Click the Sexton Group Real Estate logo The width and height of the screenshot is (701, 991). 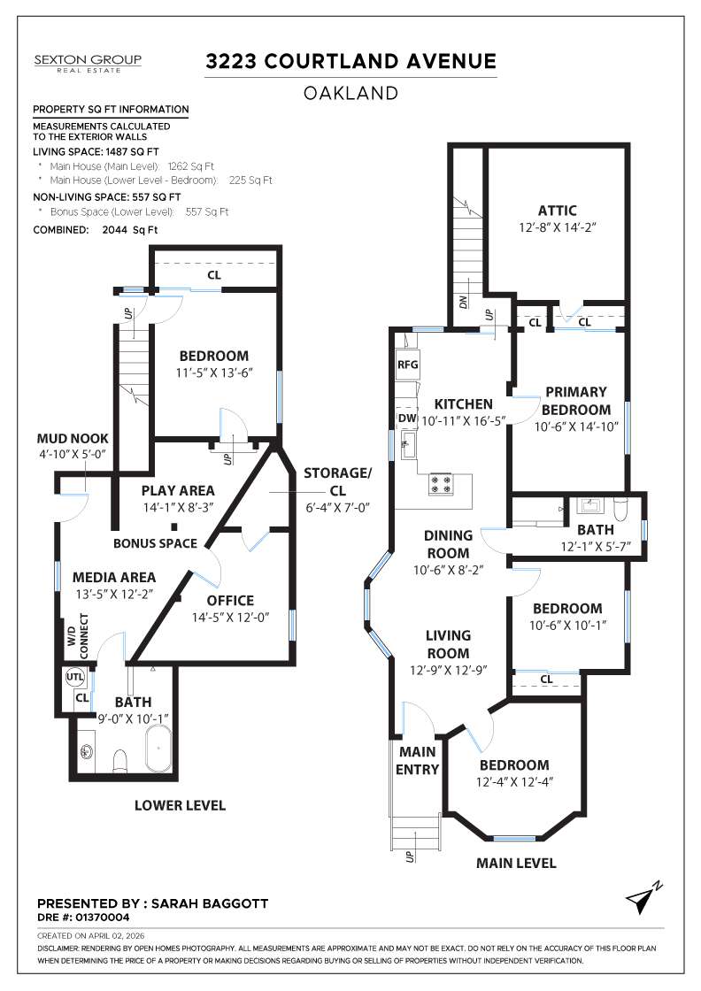(88, 63)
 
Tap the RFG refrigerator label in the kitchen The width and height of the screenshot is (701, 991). (407, 364)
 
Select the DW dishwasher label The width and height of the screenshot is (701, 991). (407, 418)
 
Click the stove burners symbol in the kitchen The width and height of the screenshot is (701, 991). (441, 484)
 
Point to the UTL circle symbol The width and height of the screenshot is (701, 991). (75, 678)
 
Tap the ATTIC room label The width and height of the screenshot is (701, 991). (557, 211)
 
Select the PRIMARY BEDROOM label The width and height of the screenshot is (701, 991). (575, 401)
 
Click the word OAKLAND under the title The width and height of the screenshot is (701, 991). (350, 93)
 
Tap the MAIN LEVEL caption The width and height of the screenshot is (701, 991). (516, 863)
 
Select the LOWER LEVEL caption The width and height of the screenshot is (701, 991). (180, 805)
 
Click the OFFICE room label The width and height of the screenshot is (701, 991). (230, 600)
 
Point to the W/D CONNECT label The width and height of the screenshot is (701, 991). (79, 635)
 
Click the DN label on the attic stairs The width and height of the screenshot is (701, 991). (463, 302)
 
